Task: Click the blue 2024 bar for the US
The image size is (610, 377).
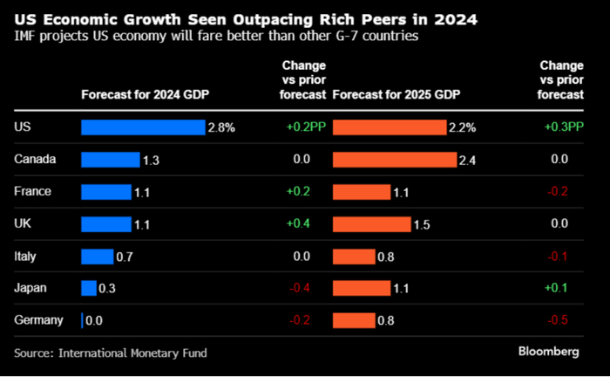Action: pos(142,127)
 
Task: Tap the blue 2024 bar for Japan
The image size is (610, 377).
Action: pos(88,288)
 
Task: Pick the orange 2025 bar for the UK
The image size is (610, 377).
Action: pos(371,224)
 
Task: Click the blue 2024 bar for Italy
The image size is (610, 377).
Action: pos(97,256)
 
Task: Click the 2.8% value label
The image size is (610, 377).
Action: pos(221,127)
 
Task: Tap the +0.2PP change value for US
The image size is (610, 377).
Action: pos(305,127)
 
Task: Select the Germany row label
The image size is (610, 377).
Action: pos(39,320)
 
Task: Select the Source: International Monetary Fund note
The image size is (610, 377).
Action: pos(111,353)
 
